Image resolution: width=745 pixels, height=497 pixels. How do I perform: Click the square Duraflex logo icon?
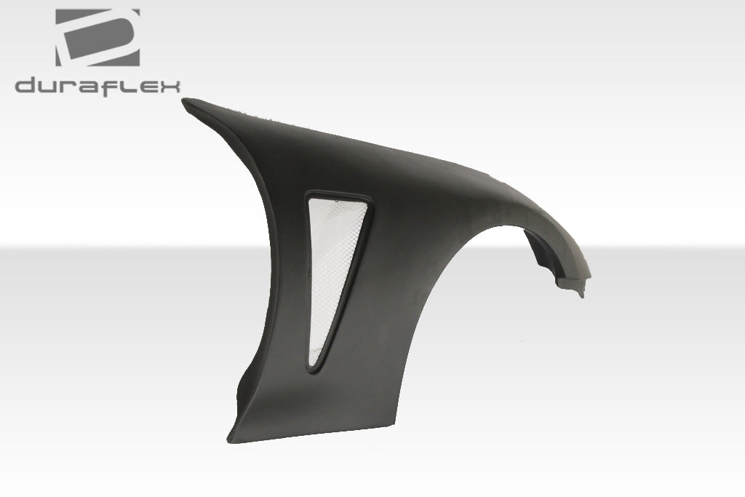[97, 37]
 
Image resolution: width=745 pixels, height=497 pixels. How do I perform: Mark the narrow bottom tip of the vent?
[314, 367]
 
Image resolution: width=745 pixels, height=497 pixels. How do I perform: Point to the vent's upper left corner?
[307, 195]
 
